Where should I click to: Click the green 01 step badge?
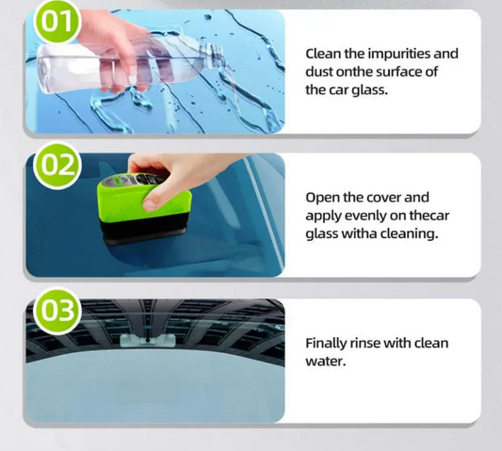57,23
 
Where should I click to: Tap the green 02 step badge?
57,166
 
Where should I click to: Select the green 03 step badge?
57,310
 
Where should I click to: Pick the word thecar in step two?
429,216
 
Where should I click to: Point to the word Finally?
326,344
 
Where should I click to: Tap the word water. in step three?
326,362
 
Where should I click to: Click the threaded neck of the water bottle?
213,56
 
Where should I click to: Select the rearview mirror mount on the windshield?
148,340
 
